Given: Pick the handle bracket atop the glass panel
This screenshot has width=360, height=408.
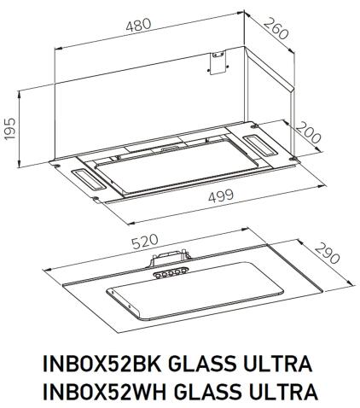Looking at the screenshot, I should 169,257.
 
